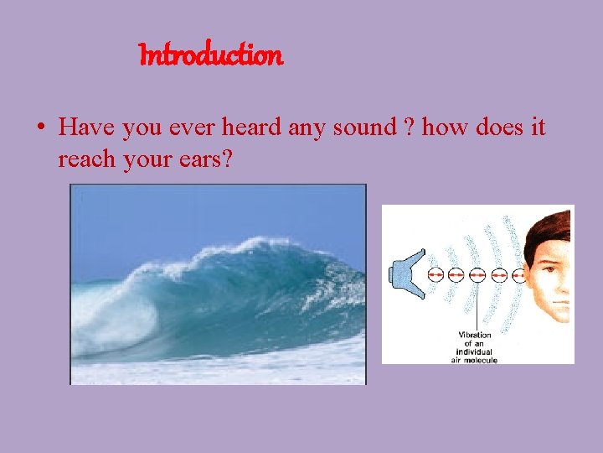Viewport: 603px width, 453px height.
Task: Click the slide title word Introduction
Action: pyautogui.click(x=211, y=56)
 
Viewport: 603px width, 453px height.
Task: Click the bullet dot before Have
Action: pyautogui.click(x=40, y=128)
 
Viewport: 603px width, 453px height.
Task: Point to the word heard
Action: pyautogui.click(x=251, y=128)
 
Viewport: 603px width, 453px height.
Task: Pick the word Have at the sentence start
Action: pyautogui.click(x=89, y=128)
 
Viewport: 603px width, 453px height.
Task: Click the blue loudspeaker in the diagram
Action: pyautogui.click(x=408, y=274)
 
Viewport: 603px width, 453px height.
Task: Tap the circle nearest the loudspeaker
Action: pyautogui.click(x=435, y=274)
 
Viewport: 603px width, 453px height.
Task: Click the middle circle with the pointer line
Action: pyautogui.click(x=477, y=274)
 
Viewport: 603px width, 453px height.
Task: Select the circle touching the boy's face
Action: pyautogui.click(x=519, y=274)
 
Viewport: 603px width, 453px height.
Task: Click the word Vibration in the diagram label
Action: pyautogui.click(x=475, y=336)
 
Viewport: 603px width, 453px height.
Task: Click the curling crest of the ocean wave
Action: pyautogui.click(x=251, y=252)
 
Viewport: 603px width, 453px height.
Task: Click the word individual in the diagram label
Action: pyautogui.click(x=476, y=351)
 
